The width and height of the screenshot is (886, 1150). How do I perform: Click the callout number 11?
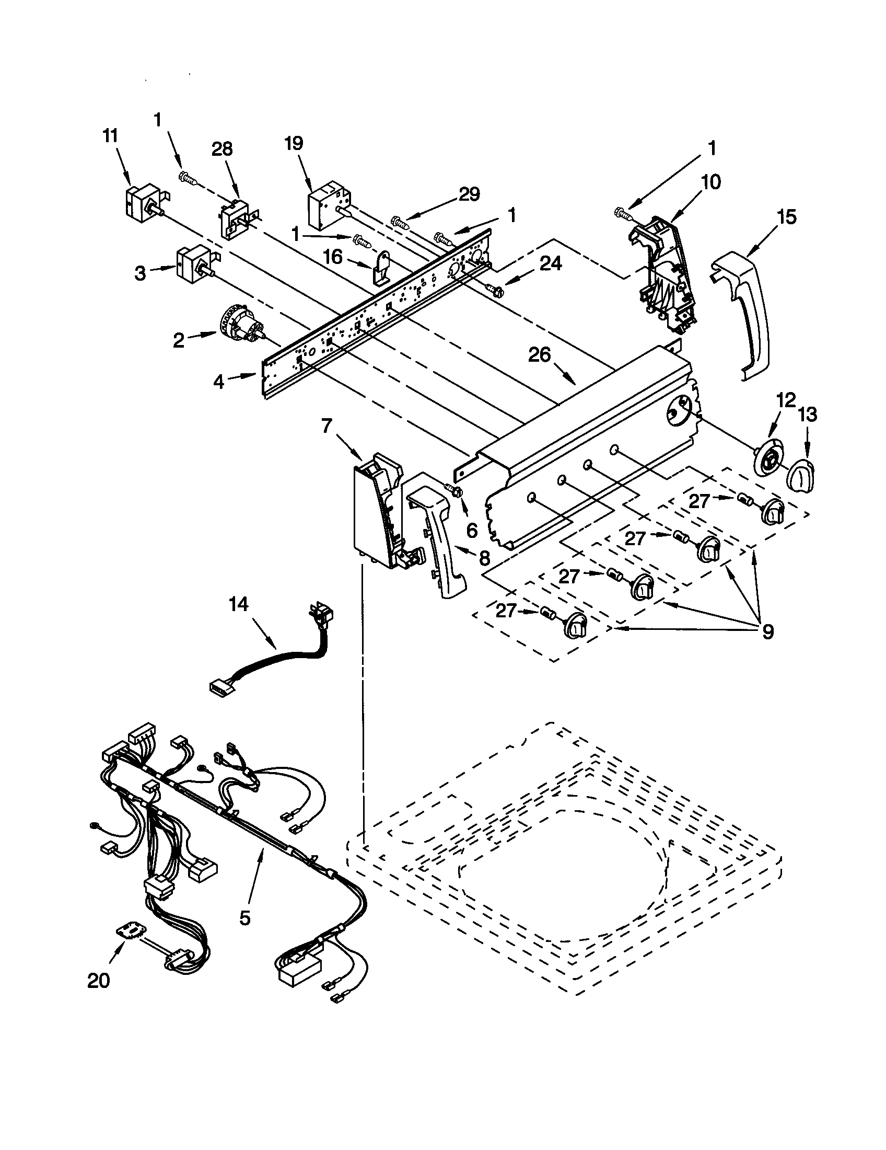(x=110, y=136)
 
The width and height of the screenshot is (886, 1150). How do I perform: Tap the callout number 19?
(x=294, y=144)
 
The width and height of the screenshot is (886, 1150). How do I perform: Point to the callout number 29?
(x=469, y=195)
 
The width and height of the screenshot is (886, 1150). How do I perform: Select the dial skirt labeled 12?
(x=770, y=461)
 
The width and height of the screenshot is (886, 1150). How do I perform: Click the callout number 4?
(x=219, y=382)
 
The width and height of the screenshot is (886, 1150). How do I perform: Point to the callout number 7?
(x=326, y=425)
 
